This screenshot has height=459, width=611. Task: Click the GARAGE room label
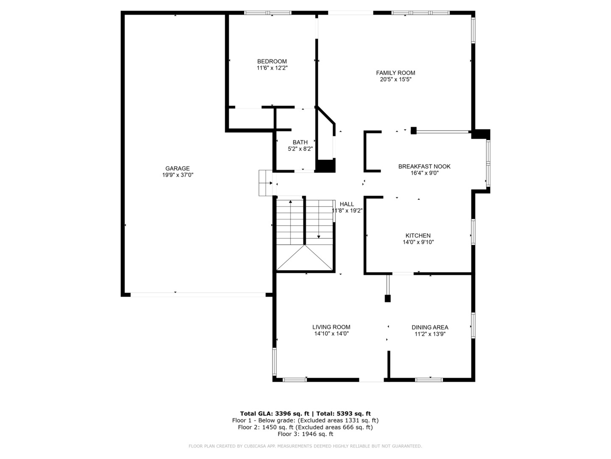177,168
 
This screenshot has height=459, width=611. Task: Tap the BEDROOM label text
272,61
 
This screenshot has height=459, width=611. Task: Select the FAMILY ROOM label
395,73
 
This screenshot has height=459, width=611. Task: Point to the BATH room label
300,142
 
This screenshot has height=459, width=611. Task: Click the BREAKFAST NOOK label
424,166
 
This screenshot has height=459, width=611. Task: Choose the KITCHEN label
418,235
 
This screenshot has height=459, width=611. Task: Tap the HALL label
347,204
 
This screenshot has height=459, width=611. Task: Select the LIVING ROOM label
331,327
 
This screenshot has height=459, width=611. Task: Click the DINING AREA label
430,327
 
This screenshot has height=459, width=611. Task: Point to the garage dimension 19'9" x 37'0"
178,175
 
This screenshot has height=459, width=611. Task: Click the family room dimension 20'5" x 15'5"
395,79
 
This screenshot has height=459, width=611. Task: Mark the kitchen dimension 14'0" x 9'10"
418,242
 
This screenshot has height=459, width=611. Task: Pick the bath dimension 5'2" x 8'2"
300,149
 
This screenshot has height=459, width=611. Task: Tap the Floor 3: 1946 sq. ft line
305,434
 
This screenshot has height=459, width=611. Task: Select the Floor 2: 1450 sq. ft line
305,427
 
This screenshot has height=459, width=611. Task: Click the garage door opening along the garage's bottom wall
198,295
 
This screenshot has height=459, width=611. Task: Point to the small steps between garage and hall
266,183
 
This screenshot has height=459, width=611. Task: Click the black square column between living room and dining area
387,298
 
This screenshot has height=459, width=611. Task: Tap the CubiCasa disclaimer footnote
305,446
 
